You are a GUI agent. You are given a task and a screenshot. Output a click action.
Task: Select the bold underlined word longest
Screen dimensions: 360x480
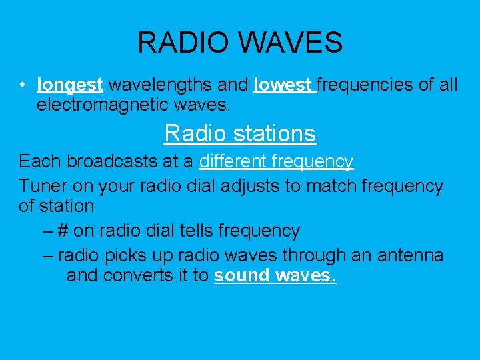pyautogui.click(x=70, y=85)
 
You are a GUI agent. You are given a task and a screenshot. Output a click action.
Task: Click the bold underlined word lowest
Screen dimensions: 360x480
pyautogui.click(x=283, y=85)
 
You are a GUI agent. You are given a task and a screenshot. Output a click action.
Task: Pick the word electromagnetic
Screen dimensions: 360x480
pyautogui.click(x=94, y=105)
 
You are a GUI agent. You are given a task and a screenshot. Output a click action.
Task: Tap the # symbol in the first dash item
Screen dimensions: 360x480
pyautogui.click(x=63, y=231)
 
